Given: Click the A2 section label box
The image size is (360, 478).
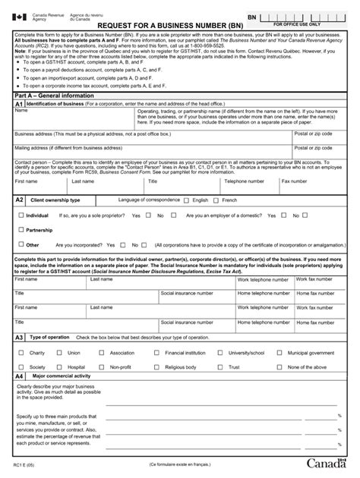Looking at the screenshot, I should pyautogui.click(x=20, y=200).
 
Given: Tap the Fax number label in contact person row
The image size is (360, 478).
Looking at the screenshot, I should pyautogui.click(x=315, y=181).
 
